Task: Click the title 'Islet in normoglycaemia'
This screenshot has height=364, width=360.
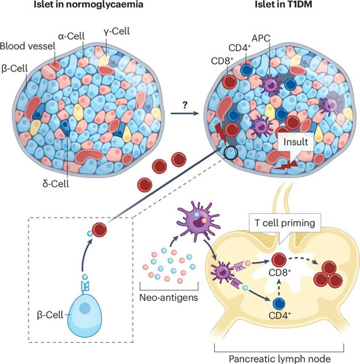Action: (x=88, y=4)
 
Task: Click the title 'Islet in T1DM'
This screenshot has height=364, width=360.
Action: (x=283, y=4)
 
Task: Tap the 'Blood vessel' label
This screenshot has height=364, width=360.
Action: (x=28, y=46)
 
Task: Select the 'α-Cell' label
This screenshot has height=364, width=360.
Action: (x=71, y=36)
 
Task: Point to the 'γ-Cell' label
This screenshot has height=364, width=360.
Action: (x=117, y=31)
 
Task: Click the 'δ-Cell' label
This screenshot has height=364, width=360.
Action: (x=55, y=183)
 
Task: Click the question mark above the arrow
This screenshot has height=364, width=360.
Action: (x=185, y=105)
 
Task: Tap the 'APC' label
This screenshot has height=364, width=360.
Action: (x=261, y=38)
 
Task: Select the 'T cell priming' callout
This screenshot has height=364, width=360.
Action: (x=285, y=223)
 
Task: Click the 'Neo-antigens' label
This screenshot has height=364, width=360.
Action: (x=169, y=297)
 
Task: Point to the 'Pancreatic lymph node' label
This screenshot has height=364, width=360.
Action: (x=280, y=359)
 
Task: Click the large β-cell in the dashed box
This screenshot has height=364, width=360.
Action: (x=85, y=315)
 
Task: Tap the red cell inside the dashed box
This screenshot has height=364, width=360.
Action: (x=99, y=229)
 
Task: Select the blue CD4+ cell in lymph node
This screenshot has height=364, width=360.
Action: (x=279, y=304)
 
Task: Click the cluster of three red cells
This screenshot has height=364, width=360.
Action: (x=329, y=274)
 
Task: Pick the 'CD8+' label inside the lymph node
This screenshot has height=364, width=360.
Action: (x=280, y=273)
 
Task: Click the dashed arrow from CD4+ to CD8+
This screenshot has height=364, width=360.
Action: (x=279, y=287)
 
